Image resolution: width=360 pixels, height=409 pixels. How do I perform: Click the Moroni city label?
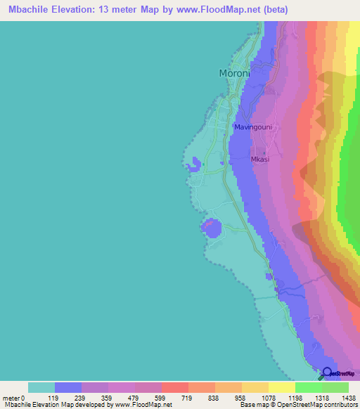click(235, 73)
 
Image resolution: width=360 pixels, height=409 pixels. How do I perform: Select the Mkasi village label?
click(260, 160)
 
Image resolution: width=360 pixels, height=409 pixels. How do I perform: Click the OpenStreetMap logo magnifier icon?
click(327, 373)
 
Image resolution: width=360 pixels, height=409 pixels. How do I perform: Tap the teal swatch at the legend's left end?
click(41, 387)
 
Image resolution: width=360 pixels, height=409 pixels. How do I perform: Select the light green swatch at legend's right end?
click(335, 387)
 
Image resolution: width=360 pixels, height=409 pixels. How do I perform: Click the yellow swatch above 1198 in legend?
click(281, 387)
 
